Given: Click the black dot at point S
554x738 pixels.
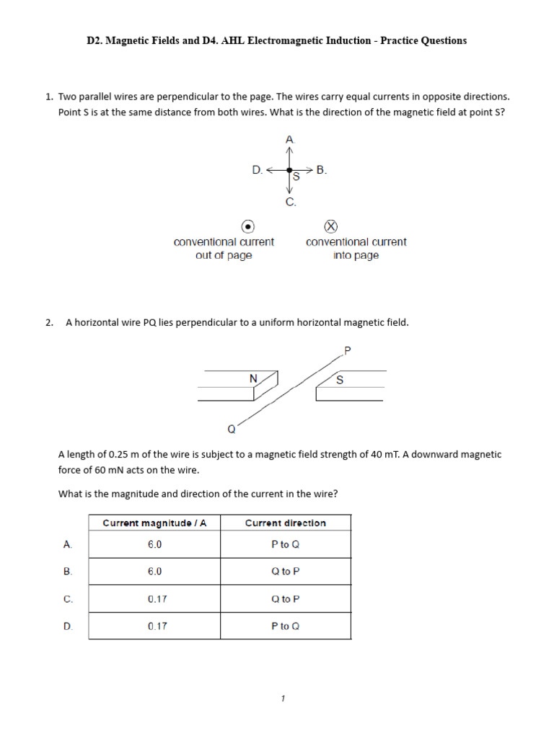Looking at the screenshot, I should pyautogui.click(x=289, y=171).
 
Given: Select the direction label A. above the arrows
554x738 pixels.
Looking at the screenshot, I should pyautogui.click(x=290, y=138).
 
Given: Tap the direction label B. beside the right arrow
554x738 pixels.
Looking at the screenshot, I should pyautogui.click(x=322, y=170).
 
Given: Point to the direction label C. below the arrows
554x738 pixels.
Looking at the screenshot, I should pyautogui.click(x=291, y=203).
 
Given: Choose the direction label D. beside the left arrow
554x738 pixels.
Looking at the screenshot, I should pyautogui.click(x=258, y=170).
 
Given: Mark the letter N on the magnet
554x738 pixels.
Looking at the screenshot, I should pyautogui.click(x=253, y=378).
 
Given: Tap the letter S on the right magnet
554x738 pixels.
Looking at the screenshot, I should pyautogui.click(x=340, y=380).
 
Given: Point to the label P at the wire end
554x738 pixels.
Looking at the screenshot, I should pyautogui.click(x=347, y=350).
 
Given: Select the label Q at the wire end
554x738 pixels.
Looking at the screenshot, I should pyautogui.click(x=232, y=430).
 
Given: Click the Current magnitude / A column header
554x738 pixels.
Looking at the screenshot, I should pyautogui.click(x=154, y=523).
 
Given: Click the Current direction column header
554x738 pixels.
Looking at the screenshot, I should pyautogui.click(x=285, y=523).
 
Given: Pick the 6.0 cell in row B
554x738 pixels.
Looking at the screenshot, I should pyautogui.click(x=154, y=571).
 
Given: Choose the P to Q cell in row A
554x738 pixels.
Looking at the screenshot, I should pyautogui.click(x=285, y=544).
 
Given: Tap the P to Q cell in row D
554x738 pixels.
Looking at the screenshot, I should pyautogui.click(x=285, y=626).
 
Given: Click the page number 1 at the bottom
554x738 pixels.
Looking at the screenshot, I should pyautogui.click(x=283, y=698).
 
